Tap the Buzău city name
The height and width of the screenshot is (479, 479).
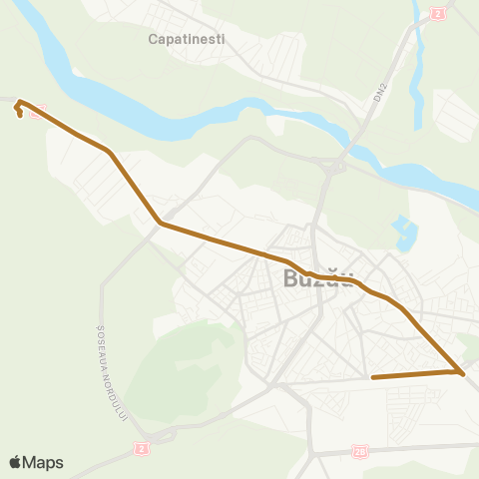pos(318,279)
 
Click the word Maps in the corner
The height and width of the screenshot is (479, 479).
pos(45,462)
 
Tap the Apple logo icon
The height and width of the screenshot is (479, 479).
pos(16,462)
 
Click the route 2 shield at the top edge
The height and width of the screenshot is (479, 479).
pos(437,12)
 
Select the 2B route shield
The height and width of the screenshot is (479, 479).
pos(360,451)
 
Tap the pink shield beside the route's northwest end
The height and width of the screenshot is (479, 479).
pos(37,112)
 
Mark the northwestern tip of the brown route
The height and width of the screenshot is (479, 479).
pos(19,103)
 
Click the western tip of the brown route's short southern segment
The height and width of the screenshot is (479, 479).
pos(372,377)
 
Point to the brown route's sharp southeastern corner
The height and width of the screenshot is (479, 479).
pos(461,372)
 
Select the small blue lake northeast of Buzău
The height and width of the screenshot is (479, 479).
pos(404,236)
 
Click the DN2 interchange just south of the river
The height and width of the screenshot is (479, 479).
pos(330,168)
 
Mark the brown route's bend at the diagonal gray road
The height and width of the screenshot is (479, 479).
pos(161,225)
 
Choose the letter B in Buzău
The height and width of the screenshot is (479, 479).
pos(292,279)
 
